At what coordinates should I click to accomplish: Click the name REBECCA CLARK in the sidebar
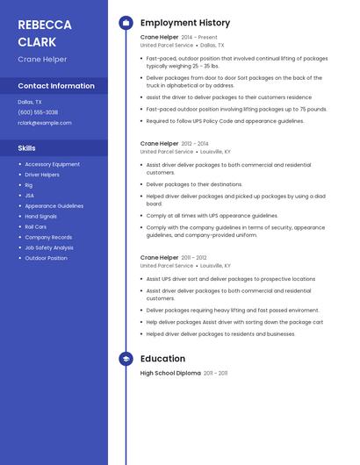click(37, 32)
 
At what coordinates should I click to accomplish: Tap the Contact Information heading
click(56, 86)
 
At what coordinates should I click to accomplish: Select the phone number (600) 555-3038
click(38, 112)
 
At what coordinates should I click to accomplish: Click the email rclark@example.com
click(44, 123)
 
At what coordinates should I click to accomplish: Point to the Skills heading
click(27, 148)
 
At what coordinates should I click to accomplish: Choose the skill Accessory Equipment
click(52, 164)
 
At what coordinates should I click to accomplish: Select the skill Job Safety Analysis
click(49, 247)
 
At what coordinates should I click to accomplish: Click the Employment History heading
click(184, 23)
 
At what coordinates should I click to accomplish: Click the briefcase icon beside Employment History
click(126, 23)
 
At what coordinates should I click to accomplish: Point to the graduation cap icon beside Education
click(126, 359)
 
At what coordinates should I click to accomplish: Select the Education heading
click(162, 359)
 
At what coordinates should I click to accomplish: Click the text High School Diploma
click(170, 373)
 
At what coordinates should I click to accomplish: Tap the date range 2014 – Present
click(199, 38)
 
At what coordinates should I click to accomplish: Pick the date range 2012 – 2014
click(195, 143)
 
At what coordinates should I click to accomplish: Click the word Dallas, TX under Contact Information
click(30, 102)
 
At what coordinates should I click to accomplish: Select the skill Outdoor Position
click(46, 258)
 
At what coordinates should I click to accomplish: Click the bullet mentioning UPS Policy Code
click(225, 121)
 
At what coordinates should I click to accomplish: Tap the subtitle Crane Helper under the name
click(42, 60)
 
